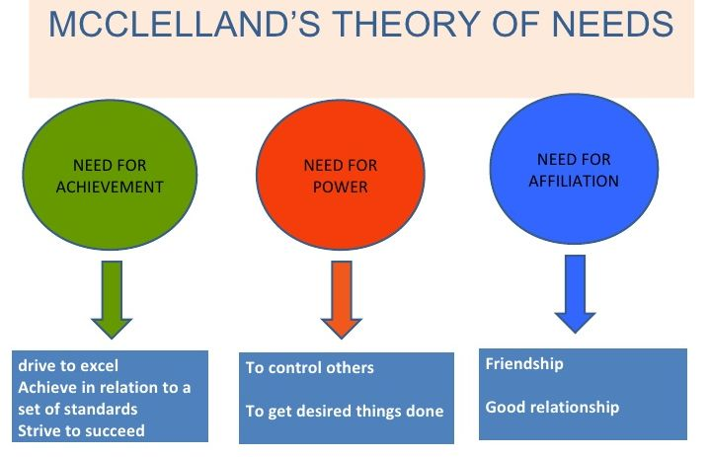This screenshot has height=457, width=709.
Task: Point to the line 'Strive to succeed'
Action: [x=81, y=430]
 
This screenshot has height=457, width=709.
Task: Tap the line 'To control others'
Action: [x=310, y=368]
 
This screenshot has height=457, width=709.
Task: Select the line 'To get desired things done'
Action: [x=345, y=411]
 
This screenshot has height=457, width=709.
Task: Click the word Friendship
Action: [x=524, y=363]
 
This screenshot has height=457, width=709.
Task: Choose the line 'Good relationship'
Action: [x=552, y=407]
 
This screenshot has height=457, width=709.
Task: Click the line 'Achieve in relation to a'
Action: [x=104, y=387]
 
